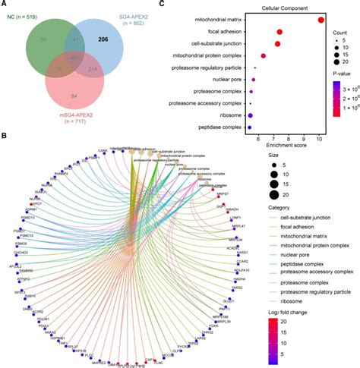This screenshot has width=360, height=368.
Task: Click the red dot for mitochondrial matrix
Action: (x=321, y=20)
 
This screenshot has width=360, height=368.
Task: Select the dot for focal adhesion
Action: (x=280, y=32)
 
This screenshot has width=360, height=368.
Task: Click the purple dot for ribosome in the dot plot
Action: (x=251, y=115)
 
